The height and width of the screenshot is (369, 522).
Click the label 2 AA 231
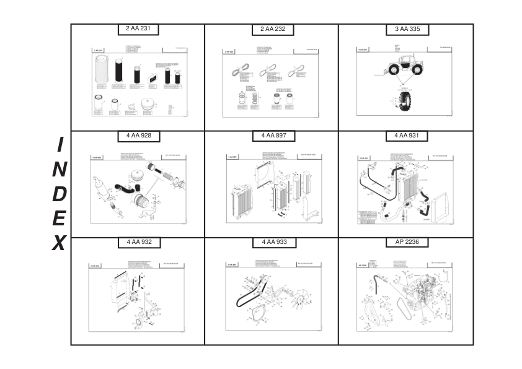click(x=139, y=29)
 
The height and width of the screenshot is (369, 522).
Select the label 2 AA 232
click(x=273, y=30)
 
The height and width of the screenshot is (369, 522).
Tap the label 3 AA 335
click(x=407, y=29)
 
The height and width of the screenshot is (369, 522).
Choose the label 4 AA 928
click(x=139, y=136)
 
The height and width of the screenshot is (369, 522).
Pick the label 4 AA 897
click(x=273, y=136)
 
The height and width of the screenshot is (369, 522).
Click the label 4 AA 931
click(x=407, y=136)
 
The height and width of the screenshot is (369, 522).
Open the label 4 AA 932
click(x=139, y=242)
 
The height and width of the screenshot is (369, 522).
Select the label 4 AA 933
click(x=273, y=242)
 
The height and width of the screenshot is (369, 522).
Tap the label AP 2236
click(x=407, y=242)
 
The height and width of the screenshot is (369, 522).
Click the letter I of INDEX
click(x=60, y=145)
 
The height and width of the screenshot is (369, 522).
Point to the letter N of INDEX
click(x=60, y=169)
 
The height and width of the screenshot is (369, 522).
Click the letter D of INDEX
click(x=59, y=194)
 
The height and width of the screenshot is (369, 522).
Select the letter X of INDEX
click(x=58, y=243)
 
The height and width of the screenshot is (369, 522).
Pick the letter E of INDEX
click(x=59, y=218)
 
